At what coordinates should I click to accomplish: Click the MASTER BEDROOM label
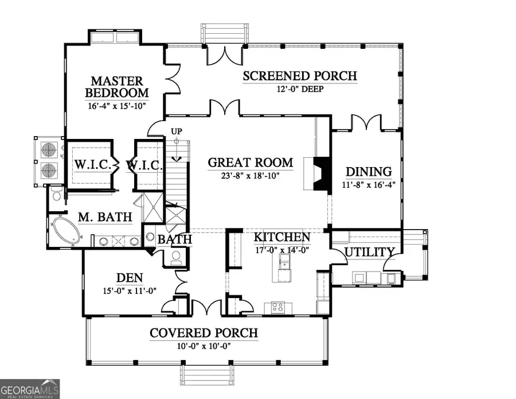116,87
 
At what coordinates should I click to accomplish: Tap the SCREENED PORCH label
299,76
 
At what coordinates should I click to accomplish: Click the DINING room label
369,172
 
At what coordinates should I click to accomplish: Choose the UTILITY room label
369,252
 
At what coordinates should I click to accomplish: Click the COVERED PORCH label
204,333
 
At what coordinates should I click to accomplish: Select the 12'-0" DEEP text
299,89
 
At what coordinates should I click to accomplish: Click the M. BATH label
105,217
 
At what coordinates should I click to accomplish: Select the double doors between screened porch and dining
366,122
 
